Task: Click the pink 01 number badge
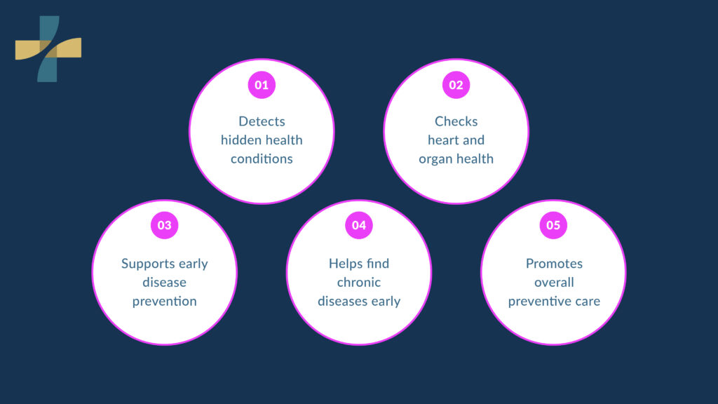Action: tap(262, 85)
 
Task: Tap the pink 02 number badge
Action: tap(456, 85)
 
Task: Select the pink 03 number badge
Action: tap(164, 225)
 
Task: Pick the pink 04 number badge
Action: tap(359, 225)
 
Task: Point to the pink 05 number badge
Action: tap(553, 225)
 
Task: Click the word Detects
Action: tap(262, 121)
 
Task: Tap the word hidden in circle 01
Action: tap(236, 140)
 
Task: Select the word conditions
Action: tap(262, 159)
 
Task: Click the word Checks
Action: tap(456, 121)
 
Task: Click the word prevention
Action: tap(164, 302)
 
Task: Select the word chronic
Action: tap(359, 282)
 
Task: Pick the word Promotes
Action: tap(554, 264)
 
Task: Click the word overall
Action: tap(554, 282)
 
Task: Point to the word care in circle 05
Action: tap(588, 302)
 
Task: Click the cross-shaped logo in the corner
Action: tap(48, 49)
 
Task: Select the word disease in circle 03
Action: tap(164, 282)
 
